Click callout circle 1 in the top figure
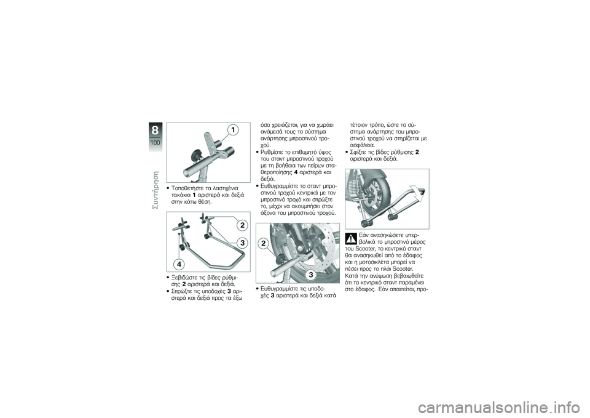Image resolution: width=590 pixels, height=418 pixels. click(232, 129)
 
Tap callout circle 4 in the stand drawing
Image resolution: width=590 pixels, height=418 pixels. click(181, 263)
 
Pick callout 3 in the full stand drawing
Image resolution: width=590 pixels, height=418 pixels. click(243, 243)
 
